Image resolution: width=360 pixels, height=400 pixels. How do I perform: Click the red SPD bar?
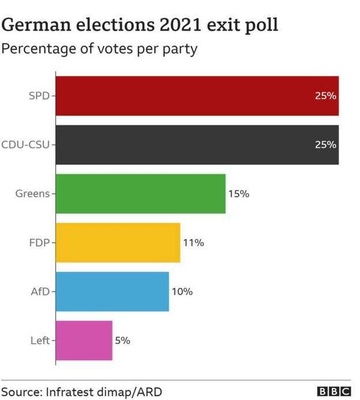(197, 96)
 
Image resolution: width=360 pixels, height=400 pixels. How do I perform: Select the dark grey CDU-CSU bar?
(197, 145)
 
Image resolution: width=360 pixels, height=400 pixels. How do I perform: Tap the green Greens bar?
(140, 194)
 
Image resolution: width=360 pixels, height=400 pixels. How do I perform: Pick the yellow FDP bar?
(118, 243)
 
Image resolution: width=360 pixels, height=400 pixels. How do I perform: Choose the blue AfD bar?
(112, 291)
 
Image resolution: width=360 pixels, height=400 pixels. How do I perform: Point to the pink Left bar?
(84, 341)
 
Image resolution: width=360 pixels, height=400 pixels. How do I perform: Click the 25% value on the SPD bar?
(326, 96)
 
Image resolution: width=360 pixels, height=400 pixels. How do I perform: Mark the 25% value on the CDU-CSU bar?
(326, 145)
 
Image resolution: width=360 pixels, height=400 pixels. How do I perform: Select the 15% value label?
(239, 194)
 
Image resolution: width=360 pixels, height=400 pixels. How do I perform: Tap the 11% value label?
(194, 243)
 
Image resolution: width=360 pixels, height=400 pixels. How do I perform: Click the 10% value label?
(182, 291)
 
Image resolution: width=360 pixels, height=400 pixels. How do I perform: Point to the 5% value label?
(122, 341)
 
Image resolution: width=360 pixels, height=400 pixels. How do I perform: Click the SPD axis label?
(39, 96)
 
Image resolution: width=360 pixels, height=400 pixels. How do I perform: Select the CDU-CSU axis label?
(25, 145)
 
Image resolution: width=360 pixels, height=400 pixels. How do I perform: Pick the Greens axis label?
(32, 194)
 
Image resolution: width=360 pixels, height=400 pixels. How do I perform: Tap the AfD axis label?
(40, 291)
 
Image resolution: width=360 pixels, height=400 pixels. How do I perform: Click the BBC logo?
(334, 392)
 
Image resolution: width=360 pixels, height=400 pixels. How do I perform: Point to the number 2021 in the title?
(181, 25)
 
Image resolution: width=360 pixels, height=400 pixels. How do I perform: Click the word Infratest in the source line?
(69, 392)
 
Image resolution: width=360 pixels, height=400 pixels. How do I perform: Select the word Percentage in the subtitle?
(39, 49)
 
